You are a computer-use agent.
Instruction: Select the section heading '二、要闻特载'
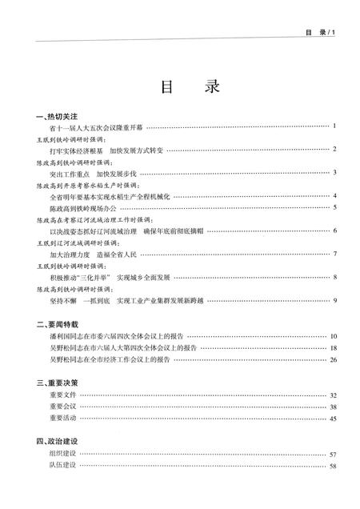[57, 325]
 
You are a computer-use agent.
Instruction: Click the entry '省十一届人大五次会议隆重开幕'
[96, 126]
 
